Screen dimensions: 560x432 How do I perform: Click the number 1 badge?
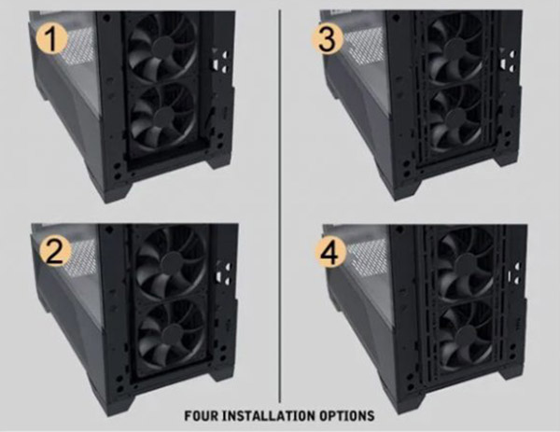(x=51, y=39)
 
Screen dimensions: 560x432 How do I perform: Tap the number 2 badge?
(x=55, y=252)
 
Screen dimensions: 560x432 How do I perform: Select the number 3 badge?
(x=327, y=39)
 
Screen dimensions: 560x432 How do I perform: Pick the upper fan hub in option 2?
(x=172, y=262)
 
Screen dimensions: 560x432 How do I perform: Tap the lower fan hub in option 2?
(x=173, y=334)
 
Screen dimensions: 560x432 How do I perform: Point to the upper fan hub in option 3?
(x=454, y=48)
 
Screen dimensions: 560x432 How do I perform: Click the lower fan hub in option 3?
(x=455, y=118)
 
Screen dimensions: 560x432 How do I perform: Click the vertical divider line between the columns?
(x=280, y=206)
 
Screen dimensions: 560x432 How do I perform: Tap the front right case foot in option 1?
(x=219, y=160)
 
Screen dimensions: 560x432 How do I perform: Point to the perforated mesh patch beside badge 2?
(x=84, y=258)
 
